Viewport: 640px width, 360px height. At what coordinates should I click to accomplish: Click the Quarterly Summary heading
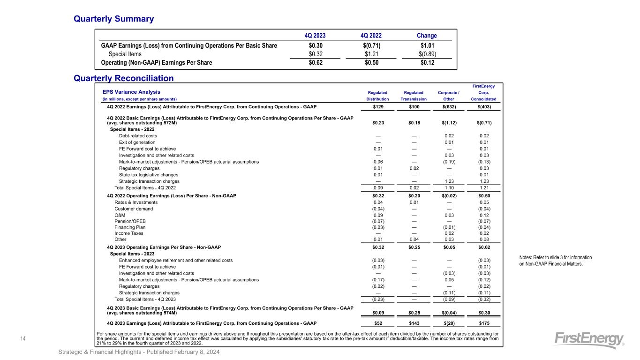click(113, 19)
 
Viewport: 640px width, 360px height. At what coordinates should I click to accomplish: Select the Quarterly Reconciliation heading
click(124, 78)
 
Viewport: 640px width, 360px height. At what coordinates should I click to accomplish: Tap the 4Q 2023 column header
click(315, 36)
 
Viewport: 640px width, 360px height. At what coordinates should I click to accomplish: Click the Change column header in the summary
click(427, 36)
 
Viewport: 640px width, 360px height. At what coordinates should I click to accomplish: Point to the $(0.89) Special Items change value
click(427, 54)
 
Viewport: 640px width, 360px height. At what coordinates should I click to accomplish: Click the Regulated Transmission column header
click(414, 96)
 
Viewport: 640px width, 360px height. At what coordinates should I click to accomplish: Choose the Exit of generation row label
click(137, 142)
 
